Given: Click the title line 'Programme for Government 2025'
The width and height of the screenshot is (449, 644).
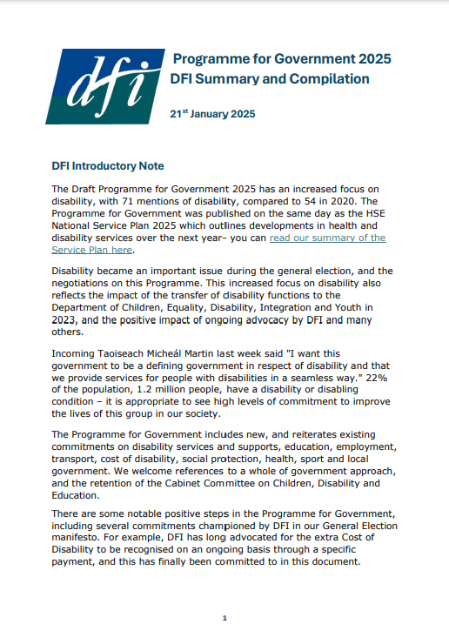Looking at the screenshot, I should point(282,59).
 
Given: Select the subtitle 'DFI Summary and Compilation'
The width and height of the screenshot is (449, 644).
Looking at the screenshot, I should point(270,79).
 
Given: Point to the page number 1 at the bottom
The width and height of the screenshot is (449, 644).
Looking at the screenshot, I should point(224,618).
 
